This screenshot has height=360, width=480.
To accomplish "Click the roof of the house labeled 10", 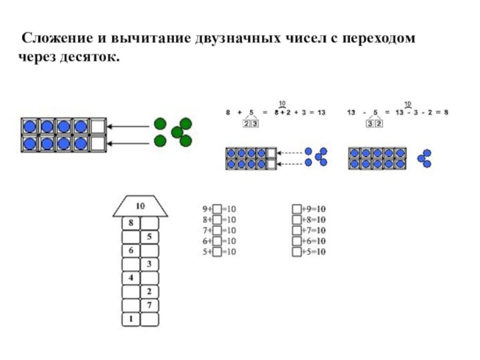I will coord(140,205).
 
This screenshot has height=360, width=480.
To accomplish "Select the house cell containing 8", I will coord(131,223).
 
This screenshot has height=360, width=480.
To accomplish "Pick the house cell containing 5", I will coord(149,237).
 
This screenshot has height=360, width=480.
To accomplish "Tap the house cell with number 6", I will coord(131,251).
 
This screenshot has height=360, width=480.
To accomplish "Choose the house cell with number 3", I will coord(149,264).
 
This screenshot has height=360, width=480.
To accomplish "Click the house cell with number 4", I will coord(131,278).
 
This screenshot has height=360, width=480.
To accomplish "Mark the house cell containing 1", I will coord(131,319).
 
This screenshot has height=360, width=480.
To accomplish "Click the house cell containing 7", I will coord(149,305).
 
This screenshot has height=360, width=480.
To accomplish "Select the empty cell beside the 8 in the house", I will coord(149,223).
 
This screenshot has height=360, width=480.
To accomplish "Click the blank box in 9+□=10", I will coord(217,208).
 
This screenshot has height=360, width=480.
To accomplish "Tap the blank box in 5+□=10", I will coord(217,252).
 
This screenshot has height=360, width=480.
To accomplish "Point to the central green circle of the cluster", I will coord(176,133).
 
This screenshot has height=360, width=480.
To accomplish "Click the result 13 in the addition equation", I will coord(321,113).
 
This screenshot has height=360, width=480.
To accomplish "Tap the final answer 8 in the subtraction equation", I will coord(446,113).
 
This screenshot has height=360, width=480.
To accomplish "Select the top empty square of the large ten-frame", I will coord(97,126).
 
